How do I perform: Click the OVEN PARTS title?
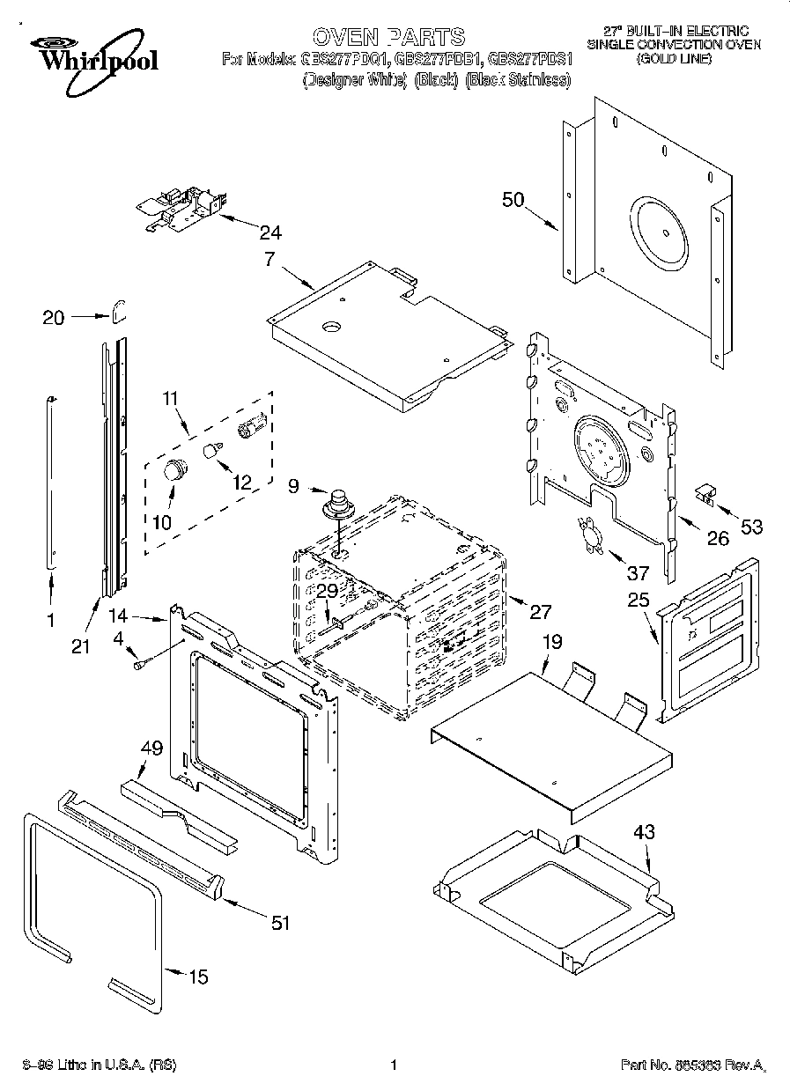388,36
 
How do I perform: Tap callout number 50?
513,200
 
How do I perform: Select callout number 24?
271,232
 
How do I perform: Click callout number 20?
54,318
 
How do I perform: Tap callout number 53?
750,527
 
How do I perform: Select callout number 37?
637,573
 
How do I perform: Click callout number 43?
644,830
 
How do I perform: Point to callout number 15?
199,976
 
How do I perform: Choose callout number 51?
280,922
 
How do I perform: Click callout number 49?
151,749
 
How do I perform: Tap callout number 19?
551,643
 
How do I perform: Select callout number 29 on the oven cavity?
328,592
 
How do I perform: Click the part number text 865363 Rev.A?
692,1065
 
